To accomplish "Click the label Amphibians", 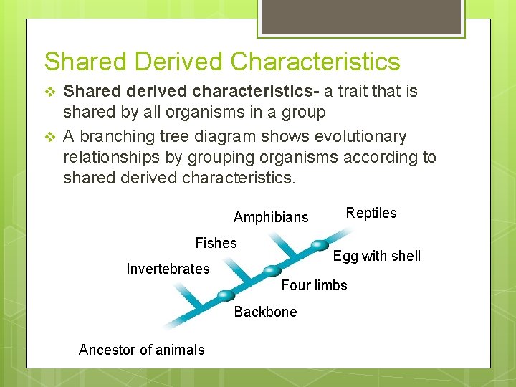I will (x=271, y=217).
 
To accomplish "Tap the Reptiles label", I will (x=371, y=213).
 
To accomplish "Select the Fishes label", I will (x=216, y=243).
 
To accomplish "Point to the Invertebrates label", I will (x=168, y=269).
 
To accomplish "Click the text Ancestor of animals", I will (x=141, y=350).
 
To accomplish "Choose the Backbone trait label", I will (x=265, y=312).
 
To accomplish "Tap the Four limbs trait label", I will (x=314, y=285).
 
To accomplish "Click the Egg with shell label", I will (x=377, y=256).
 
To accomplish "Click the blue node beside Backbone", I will (x=226, y=295).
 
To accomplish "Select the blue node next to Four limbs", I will (x=272, y=270).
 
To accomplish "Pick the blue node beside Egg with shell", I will (x=320, y=244).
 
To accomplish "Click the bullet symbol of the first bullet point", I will (x=49, y=92).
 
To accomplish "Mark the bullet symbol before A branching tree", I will (x=49, y=136).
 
